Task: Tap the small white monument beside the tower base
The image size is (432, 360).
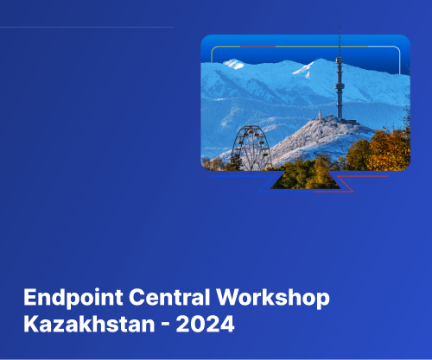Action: (319, 116)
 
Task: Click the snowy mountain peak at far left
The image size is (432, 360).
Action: (234, 63)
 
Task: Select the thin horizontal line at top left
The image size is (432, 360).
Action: (86, 27)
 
